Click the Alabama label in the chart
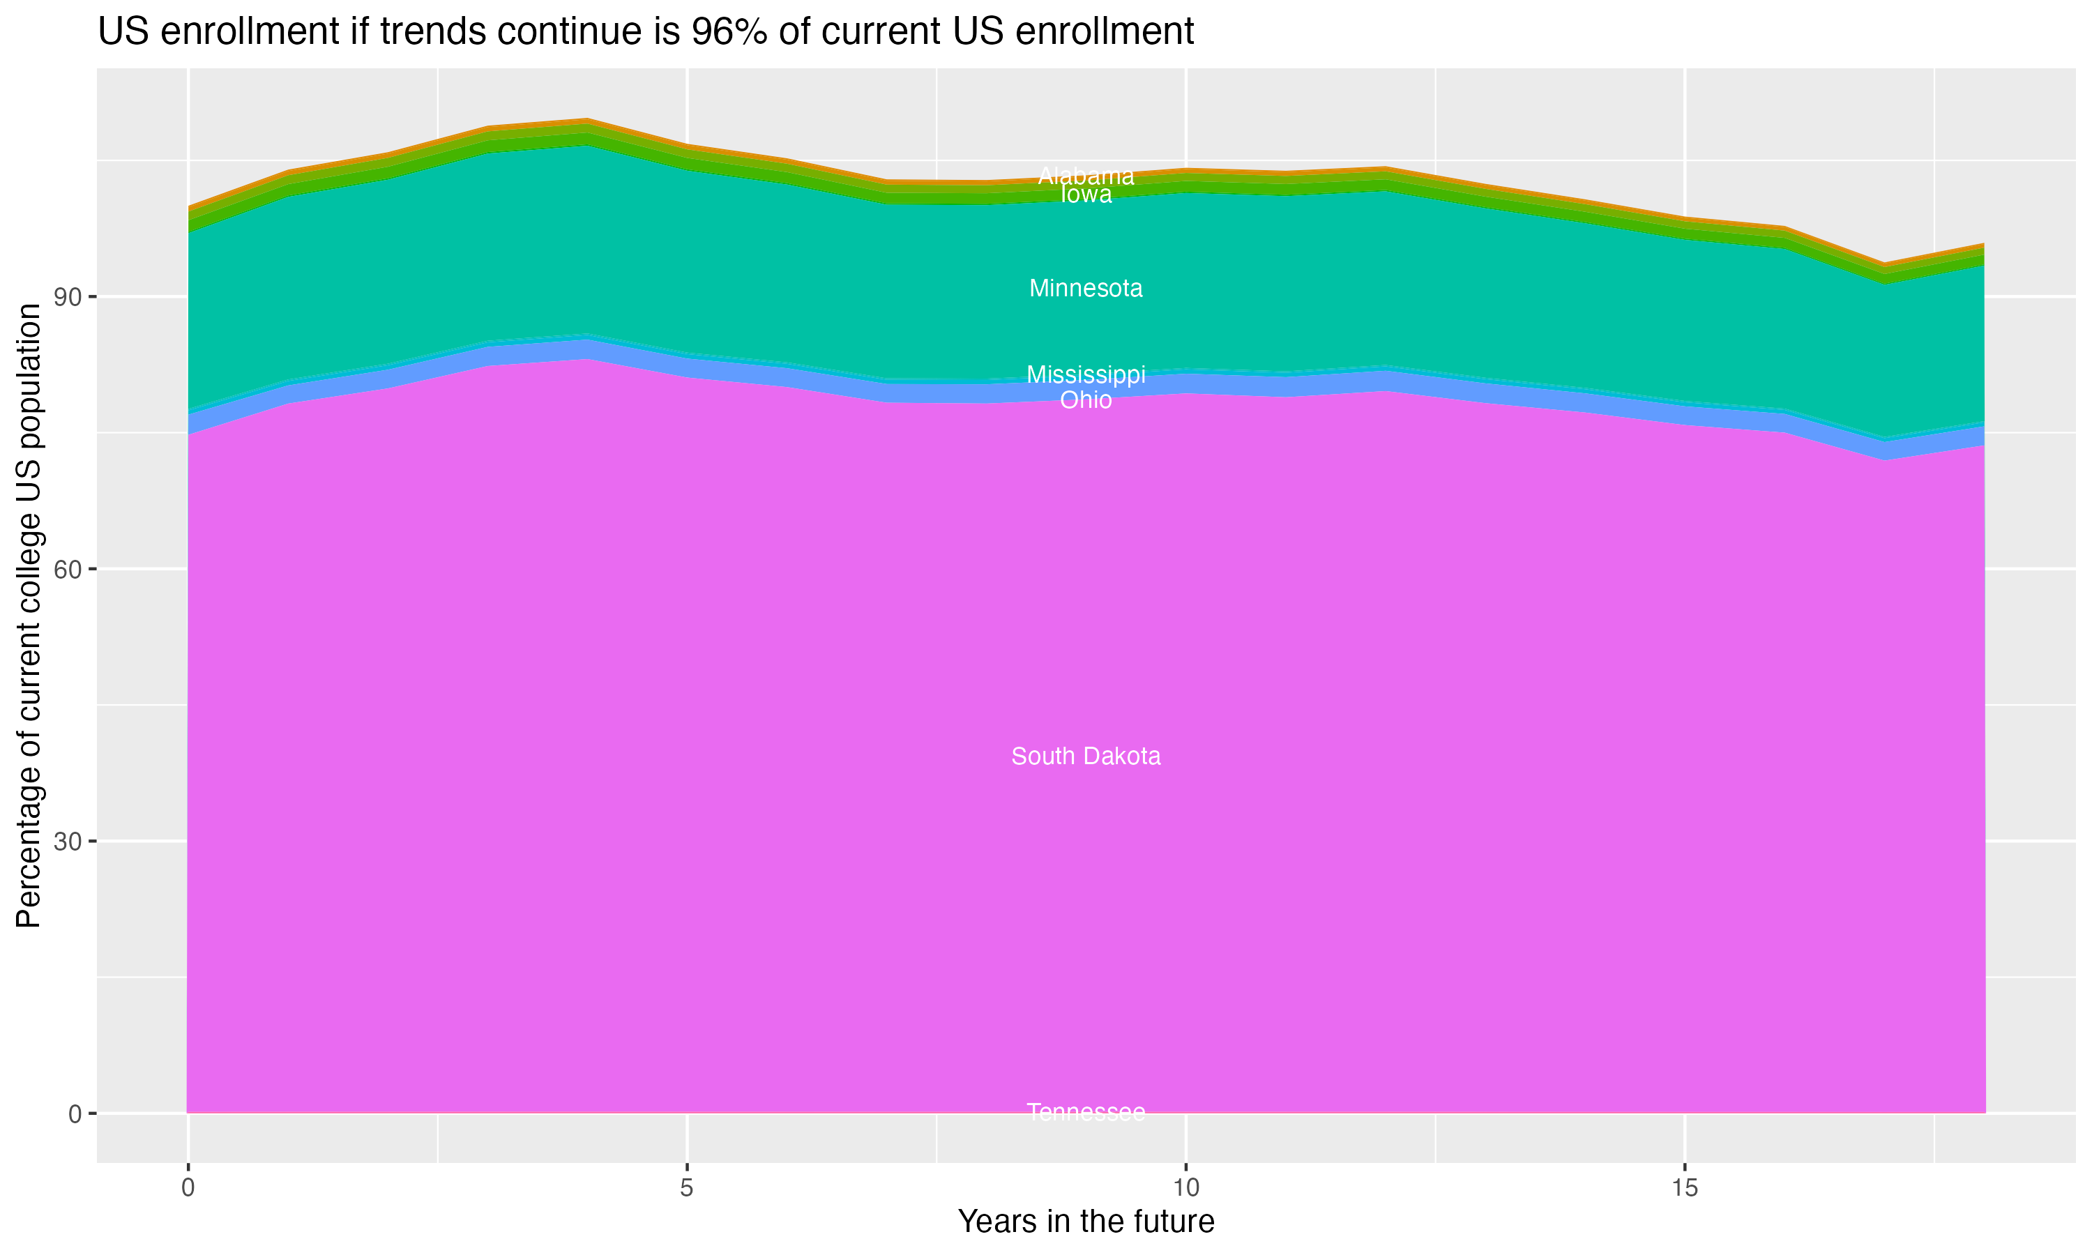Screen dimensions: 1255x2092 tap(1086, 176)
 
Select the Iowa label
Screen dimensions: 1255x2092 tap(1086, 195)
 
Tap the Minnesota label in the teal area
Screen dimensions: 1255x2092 tap(1086, 289)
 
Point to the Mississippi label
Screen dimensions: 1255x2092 tap(1086, 374)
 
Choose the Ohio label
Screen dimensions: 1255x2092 tap(1086, 400)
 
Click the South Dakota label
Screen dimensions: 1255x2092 tap(1086, 756)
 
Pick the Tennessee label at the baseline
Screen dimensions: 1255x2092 tap(1086, 1112)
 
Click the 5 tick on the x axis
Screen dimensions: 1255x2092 tap(687, 1188)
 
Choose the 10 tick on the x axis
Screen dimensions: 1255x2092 tap(1185, 1188)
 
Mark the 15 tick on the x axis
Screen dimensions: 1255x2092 tap(1685, 1188)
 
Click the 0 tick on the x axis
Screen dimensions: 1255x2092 tap(188, 1188)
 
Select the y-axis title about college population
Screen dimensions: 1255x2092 tap(29, 615)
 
